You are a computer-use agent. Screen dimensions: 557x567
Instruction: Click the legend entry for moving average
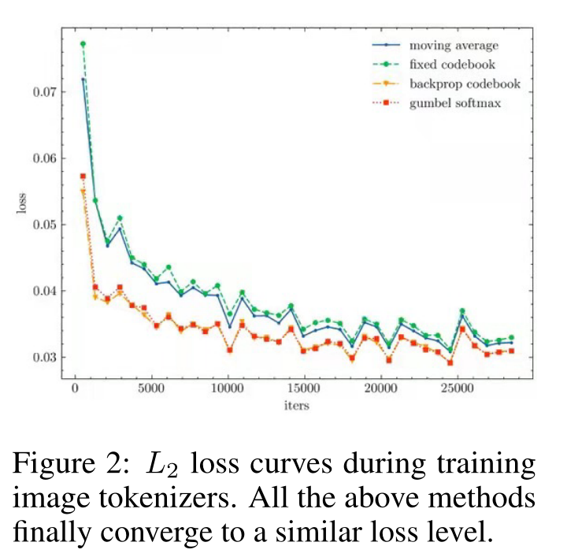coord(454,46)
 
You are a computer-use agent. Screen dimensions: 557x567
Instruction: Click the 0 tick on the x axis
coord(75,388)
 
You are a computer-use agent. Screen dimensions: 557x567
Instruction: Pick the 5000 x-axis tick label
coord(151,388)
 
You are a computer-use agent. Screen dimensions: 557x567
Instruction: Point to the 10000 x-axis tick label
coord(228,388)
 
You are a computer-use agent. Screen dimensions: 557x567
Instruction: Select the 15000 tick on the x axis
coord(304,388)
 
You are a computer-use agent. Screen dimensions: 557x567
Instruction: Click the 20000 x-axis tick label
coord(380,388)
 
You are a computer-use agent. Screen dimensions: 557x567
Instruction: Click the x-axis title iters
coord(296,406)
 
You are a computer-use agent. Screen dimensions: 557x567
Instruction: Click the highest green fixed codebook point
coord(83,44)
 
